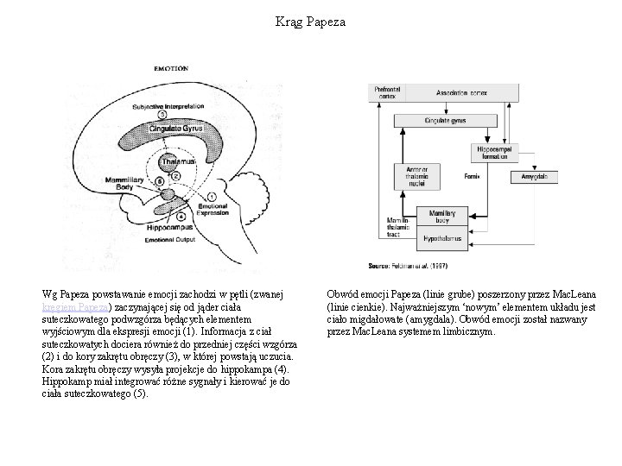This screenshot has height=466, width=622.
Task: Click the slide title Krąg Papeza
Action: click(310, 22)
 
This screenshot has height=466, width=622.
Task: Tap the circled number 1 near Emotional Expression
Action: click(213, 198)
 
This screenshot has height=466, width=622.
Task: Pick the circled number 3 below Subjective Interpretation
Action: click(163, 116)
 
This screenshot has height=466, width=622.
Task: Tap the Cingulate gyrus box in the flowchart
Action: click(451, 123)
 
